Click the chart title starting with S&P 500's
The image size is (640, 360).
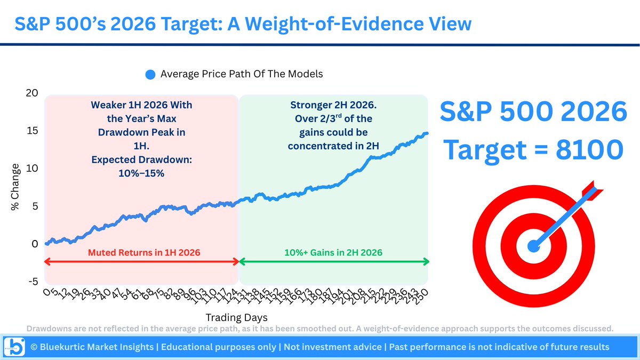[x=243, y=24]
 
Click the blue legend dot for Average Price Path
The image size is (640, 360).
[x=151, y=75]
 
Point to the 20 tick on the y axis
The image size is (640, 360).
[x=33, y=93]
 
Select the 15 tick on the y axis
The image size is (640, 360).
[x=33, y=131]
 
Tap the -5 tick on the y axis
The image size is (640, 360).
[x=33, y=282]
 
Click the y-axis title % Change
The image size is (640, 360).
[x=16, y=187]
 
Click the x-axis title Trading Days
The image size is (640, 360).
[x=236, y=317]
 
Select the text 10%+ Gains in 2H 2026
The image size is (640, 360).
[x=333, y=252]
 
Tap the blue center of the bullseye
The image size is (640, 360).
[x=533, y=246]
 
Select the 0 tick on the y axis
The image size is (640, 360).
[x=35, y=244]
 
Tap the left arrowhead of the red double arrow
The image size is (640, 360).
[x=47, y=261]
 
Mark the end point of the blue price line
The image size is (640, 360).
[x=427, y=133]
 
